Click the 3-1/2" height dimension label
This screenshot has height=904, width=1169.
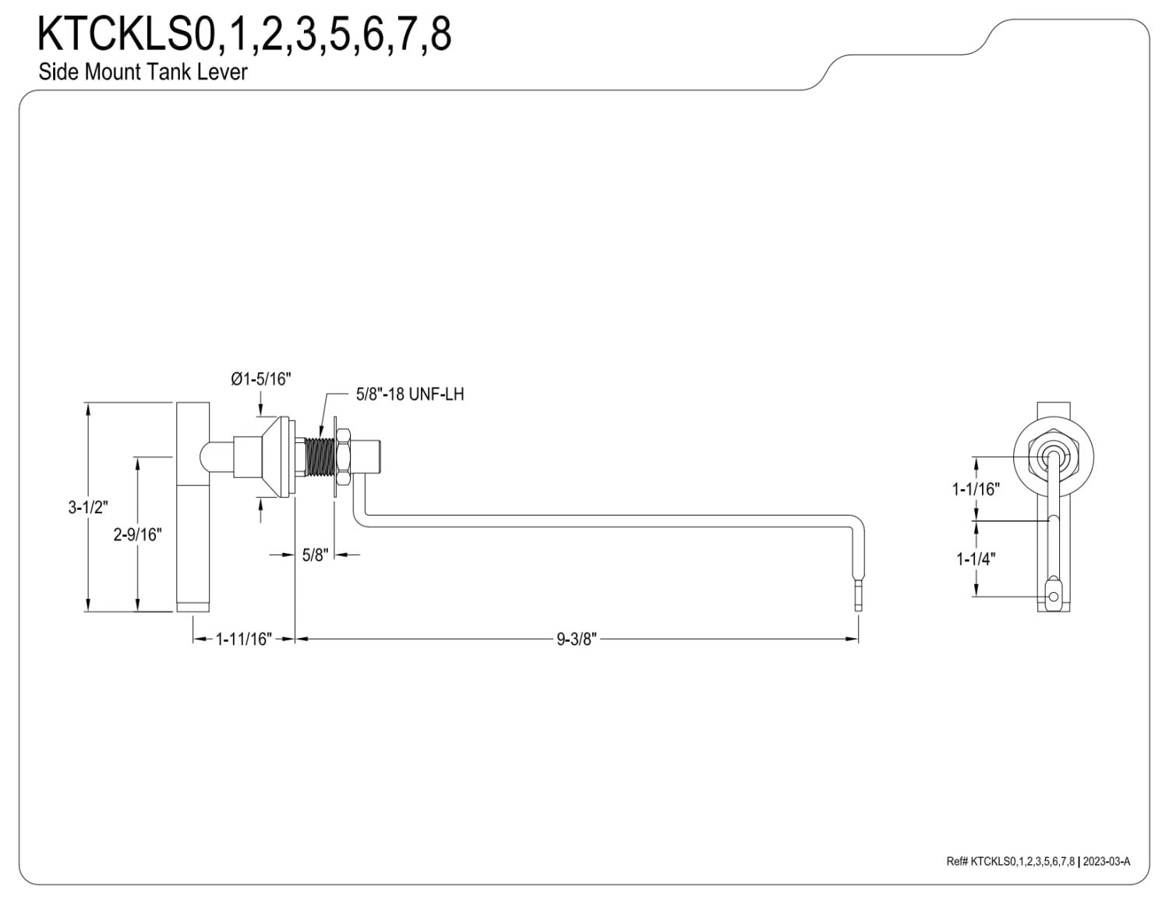[x=88, y=507]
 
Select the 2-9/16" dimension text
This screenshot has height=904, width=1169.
[x=137, y=534]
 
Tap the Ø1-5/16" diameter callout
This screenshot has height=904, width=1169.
[x=261, y=379]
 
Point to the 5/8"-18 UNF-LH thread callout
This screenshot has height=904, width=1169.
[x=410, y=394]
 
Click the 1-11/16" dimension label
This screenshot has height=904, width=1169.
[x=244, y=639]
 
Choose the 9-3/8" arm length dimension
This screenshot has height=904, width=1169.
[x=577, y=639]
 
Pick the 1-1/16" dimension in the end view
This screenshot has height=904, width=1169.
[x=975, y=489]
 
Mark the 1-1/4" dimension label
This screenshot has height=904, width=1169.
[x=975, y=559]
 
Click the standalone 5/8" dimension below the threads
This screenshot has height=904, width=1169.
[x=315, y=555]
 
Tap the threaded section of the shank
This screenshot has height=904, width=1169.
[x=320, y=458]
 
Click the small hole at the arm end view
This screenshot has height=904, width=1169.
[x=1054, y=597]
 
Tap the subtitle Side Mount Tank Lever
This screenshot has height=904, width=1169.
[x=143, y=72]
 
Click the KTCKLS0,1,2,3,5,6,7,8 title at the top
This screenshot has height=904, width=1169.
[x=244, y=34]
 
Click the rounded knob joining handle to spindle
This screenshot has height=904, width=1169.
[x=216, y=457]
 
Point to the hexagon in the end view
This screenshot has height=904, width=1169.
[x=1054, y=458]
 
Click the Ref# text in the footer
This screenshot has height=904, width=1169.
[x=956, y=877]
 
